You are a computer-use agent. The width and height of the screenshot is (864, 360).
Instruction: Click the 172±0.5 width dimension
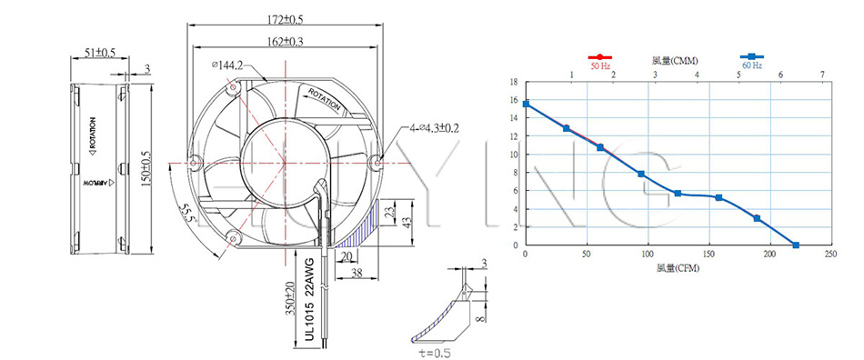285,19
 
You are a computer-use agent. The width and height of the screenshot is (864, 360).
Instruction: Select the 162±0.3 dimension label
285,41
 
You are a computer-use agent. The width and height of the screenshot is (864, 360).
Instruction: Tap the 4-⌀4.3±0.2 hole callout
434,129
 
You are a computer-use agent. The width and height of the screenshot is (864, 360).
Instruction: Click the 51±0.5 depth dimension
100,53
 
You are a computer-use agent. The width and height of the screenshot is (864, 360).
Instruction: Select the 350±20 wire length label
289,299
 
